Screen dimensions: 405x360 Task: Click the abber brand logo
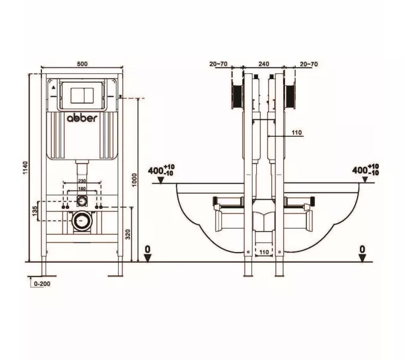click(x=82, y=118)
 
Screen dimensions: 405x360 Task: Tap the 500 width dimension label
click(x=82, y=64)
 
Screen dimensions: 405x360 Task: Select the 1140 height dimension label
click(x=25, y=167)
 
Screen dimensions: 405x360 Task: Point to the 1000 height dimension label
click(x=134, y=180)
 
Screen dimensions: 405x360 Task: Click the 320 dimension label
click(x=128, y=234)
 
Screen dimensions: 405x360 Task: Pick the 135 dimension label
click(x=35, y=211)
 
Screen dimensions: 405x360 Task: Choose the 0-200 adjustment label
click(x=42, y=284)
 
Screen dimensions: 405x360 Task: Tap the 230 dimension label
click(x=82, y=181)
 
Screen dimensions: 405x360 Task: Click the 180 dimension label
click(x=82, y=189)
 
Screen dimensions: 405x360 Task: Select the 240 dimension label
click(x=264, y=64)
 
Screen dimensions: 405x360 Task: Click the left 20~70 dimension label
click(x=218, y=64)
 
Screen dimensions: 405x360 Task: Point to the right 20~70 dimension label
click(x=309, y=64)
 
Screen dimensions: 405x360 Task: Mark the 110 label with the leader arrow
click(x=297, y=133)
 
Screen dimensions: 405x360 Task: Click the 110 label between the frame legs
click(x=264, y=252)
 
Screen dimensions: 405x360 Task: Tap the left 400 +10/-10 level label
click(x=161, y=170)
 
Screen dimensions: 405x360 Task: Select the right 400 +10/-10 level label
click(x=365, y=170)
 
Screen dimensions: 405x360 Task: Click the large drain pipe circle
click(x=82, y=221)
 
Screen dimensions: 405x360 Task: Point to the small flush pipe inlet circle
click(x=82, y=200)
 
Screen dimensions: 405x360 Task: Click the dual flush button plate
click(x=81, y=95)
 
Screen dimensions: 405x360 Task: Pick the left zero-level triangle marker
click(x=148, y=258)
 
